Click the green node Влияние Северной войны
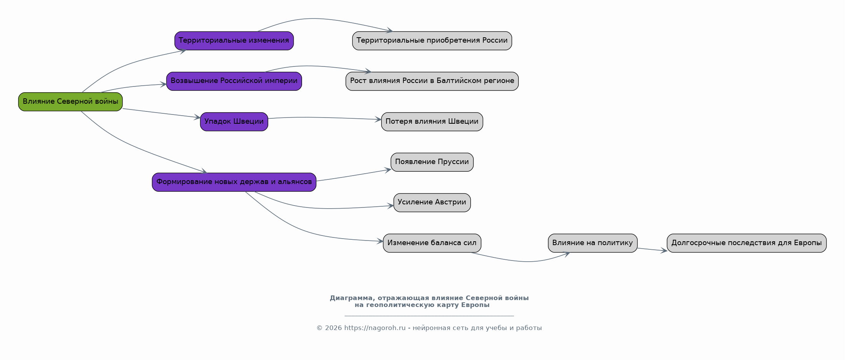[x=70, y=102]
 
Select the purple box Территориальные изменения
[x=234, y=41]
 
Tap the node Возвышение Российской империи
[x=234, y=81]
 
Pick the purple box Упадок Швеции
[x=234, y=122]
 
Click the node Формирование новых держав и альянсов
[x=234, y=182]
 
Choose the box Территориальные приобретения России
[x=432, y=41]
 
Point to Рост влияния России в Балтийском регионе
[x=432, y=81]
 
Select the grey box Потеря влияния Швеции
[x=432, y=122]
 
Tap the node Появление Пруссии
[x=432, y=162]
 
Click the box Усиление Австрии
[x=432, y=202]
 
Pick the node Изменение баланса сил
[x=432, y=243]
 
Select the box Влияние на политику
[x=593, y=243]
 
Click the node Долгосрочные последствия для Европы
[x=747, y=243]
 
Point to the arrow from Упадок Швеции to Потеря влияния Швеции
[x=325, y=118]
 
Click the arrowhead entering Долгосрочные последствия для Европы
[x=664, y=251]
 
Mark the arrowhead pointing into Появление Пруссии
[x=388, y=170]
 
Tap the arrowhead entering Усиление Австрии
[x=390, y=206]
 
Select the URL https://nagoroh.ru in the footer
[x=375, y=328]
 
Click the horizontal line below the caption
[x=429, y=316]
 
